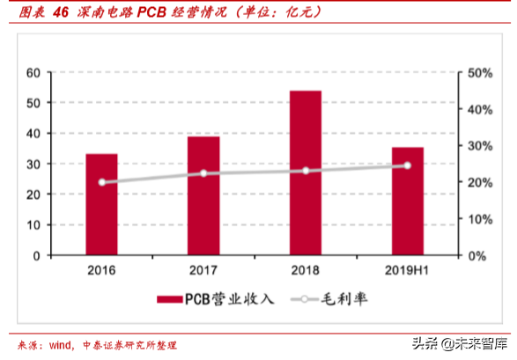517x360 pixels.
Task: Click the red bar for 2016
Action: (x=101, y=204)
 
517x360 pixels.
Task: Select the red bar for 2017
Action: (x=203, y=195)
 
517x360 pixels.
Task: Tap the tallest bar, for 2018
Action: (x=306, y=173)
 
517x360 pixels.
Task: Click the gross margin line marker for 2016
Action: (x=101, y=182)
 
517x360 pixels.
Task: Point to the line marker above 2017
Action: (x=203, y=173)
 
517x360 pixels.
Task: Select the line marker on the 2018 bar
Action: (x=306, y=171)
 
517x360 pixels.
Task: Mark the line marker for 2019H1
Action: (x=407, y=165)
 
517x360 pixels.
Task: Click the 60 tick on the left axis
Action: (x=33, y=72)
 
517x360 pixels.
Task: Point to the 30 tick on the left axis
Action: (x=33, y=164)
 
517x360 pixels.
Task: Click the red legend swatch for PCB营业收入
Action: (x=170, y=299)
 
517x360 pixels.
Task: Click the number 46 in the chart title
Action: (x=60, y=12)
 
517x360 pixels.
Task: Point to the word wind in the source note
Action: (x=61, y=345)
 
